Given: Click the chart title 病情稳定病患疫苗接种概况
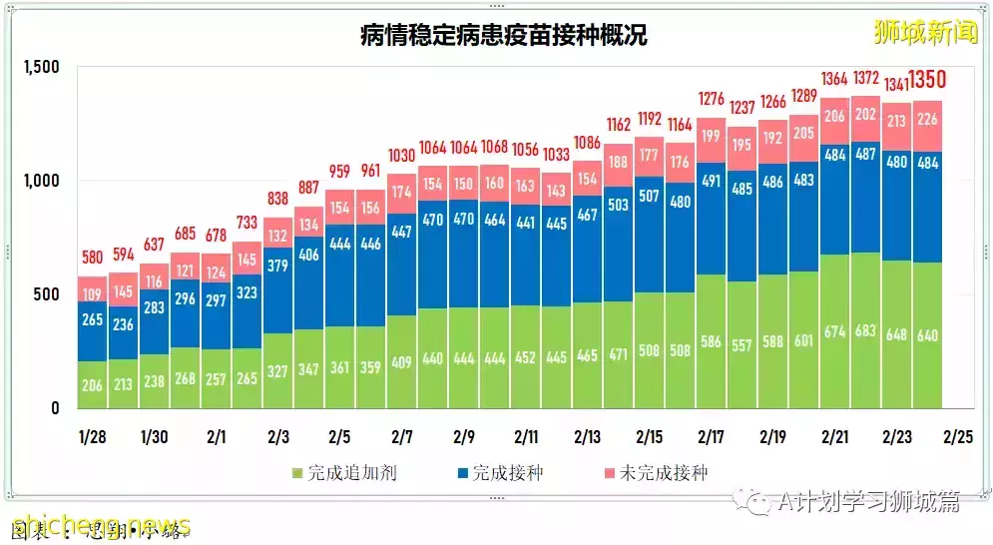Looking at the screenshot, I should pos(503,36).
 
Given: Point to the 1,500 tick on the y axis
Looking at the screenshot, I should pos(41,67).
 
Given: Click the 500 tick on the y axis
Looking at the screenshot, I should pos(47,294).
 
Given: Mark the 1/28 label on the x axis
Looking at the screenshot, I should pos(92,437).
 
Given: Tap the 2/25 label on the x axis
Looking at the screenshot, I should pos(958,437).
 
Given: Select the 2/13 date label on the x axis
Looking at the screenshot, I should pos(587,437).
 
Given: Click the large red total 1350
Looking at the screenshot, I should pos(927,80).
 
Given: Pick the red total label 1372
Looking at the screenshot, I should pos(865,78).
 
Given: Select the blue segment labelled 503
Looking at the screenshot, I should pos(618,205).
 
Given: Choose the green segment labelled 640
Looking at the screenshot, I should pos(927,334).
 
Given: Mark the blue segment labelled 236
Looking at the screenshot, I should pos(123,324).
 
